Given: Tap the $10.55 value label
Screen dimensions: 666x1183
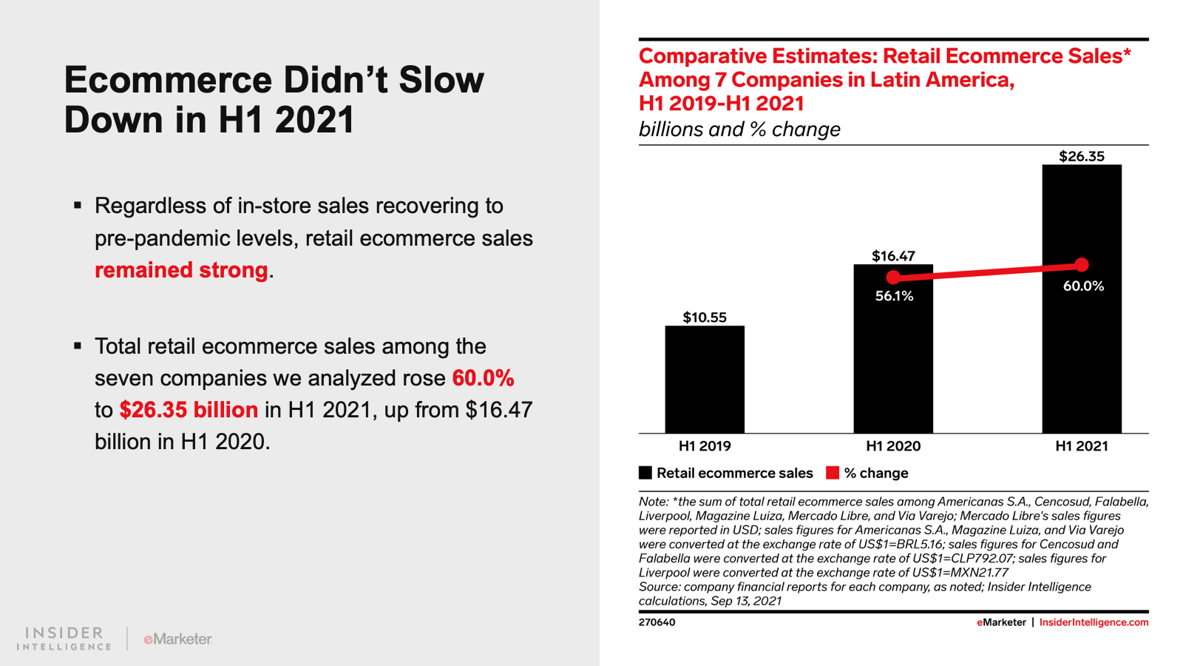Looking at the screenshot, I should pos(705,317).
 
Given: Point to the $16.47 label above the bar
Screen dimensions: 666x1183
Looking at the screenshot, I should pos(893,256).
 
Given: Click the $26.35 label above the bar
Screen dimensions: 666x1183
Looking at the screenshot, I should pos(1082,156).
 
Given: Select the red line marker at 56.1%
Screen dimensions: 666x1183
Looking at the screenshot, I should pos(893,277).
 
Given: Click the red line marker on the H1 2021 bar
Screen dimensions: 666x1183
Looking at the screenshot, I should pos(1082,265).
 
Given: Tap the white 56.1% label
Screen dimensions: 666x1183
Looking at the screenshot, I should pos(894,296).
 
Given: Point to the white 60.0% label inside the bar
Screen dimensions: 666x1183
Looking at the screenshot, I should pos(1083,286).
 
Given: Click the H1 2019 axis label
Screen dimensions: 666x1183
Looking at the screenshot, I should pos(705,446).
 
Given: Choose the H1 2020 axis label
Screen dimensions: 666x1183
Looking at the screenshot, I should pos(893,446).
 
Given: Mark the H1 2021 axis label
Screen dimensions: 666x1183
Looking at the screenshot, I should pos(1082,446).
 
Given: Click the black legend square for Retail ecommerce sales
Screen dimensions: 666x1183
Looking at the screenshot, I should pos(645,473).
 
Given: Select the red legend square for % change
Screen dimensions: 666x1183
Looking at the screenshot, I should pos(833,473).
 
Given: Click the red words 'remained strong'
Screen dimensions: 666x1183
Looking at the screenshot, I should pos(181,270).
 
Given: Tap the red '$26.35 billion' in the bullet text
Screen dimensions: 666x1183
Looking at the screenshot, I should pos(189,410).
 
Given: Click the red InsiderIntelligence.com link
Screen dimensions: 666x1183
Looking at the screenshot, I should pos(1094,622).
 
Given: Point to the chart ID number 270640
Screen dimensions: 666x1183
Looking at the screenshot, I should pos(657,622).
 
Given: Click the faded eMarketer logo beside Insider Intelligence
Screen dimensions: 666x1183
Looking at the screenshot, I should pos(177,639).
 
